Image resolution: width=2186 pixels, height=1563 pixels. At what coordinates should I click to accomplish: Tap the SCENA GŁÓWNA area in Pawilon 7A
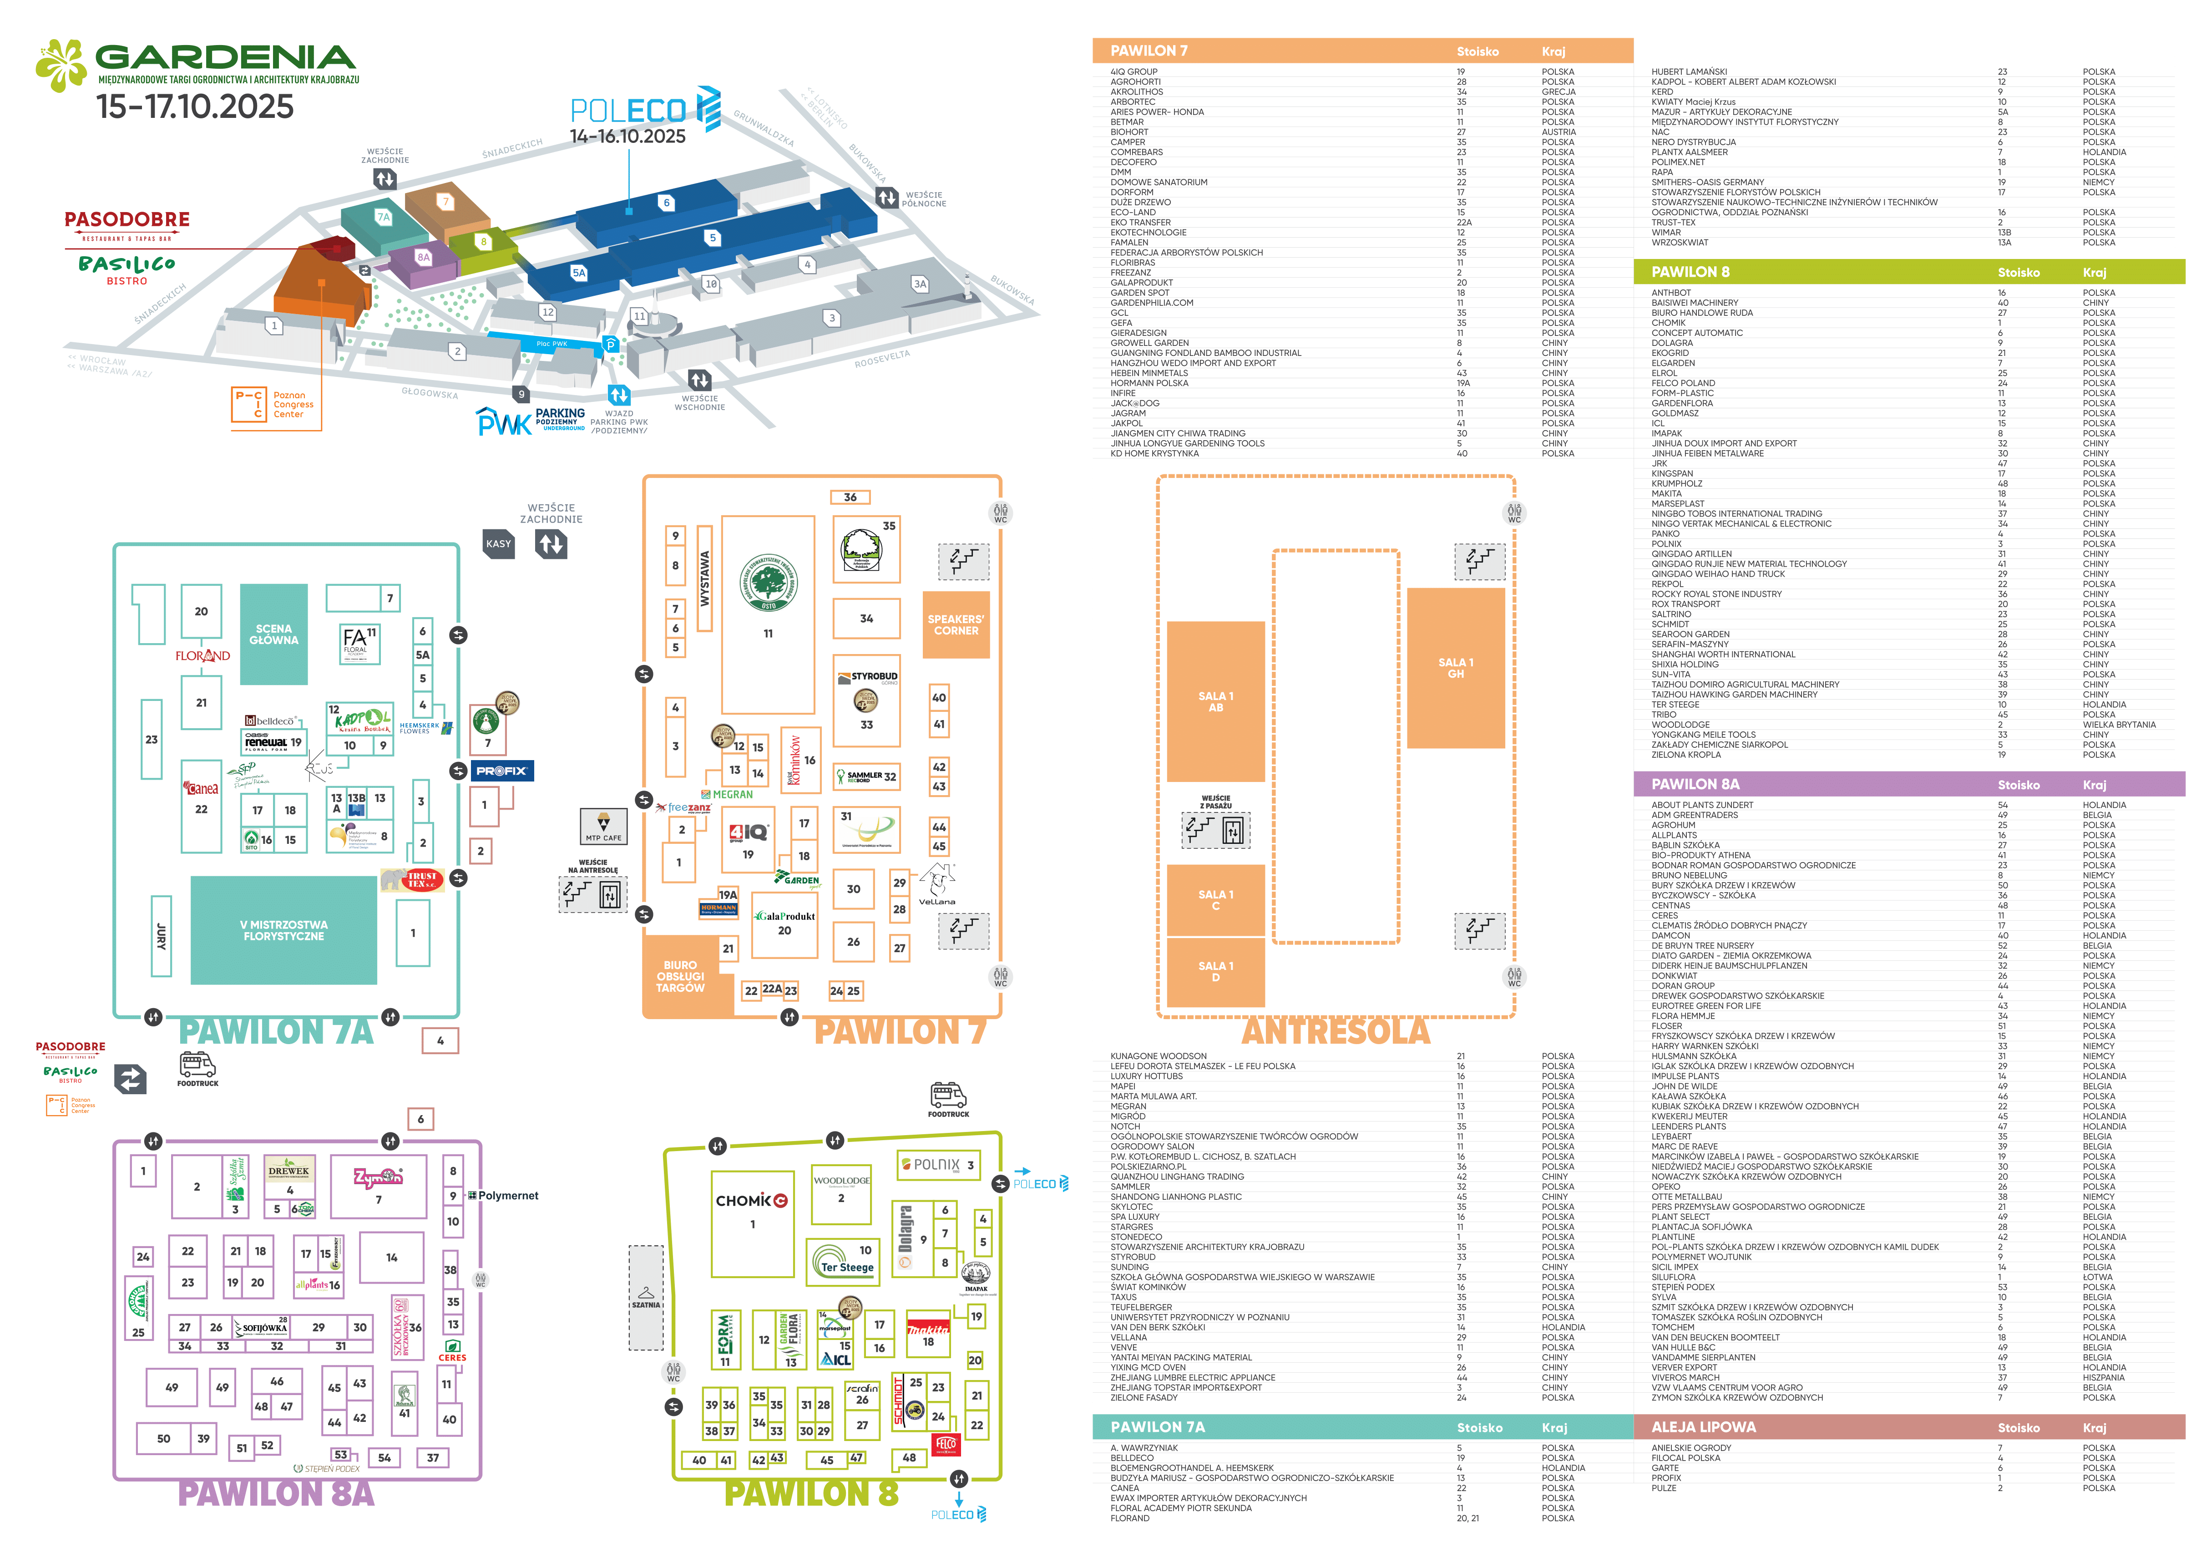(x=274, y=634)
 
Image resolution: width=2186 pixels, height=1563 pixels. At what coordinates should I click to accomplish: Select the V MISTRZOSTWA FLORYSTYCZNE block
(x=284, y=930)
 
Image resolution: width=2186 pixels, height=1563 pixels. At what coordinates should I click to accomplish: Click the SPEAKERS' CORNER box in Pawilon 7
(x=956, y=624)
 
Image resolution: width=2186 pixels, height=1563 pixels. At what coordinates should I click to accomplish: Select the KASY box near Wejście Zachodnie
(x=498, y=544)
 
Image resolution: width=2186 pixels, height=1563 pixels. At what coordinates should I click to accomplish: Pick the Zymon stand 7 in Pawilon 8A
(x=378, y=1186)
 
